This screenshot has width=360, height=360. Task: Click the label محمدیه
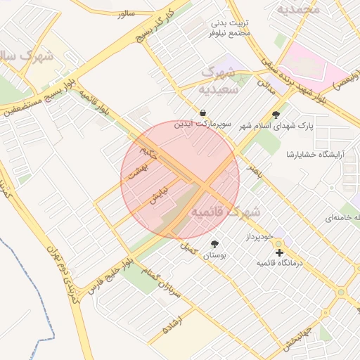coord(298,9)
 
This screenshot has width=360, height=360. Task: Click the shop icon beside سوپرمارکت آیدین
coord(202,112)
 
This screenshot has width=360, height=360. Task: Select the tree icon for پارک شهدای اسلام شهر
coord(276,115)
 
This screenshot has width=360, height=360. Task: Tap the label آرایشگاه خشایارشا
coord(314,154)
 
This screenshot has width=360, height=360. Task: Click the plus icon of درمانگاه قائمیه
coord(279,252)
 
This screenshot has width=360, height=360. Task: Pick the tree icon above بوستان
coord(214,244)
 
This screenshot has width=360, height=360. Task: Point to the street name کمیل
coord(188,247)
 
